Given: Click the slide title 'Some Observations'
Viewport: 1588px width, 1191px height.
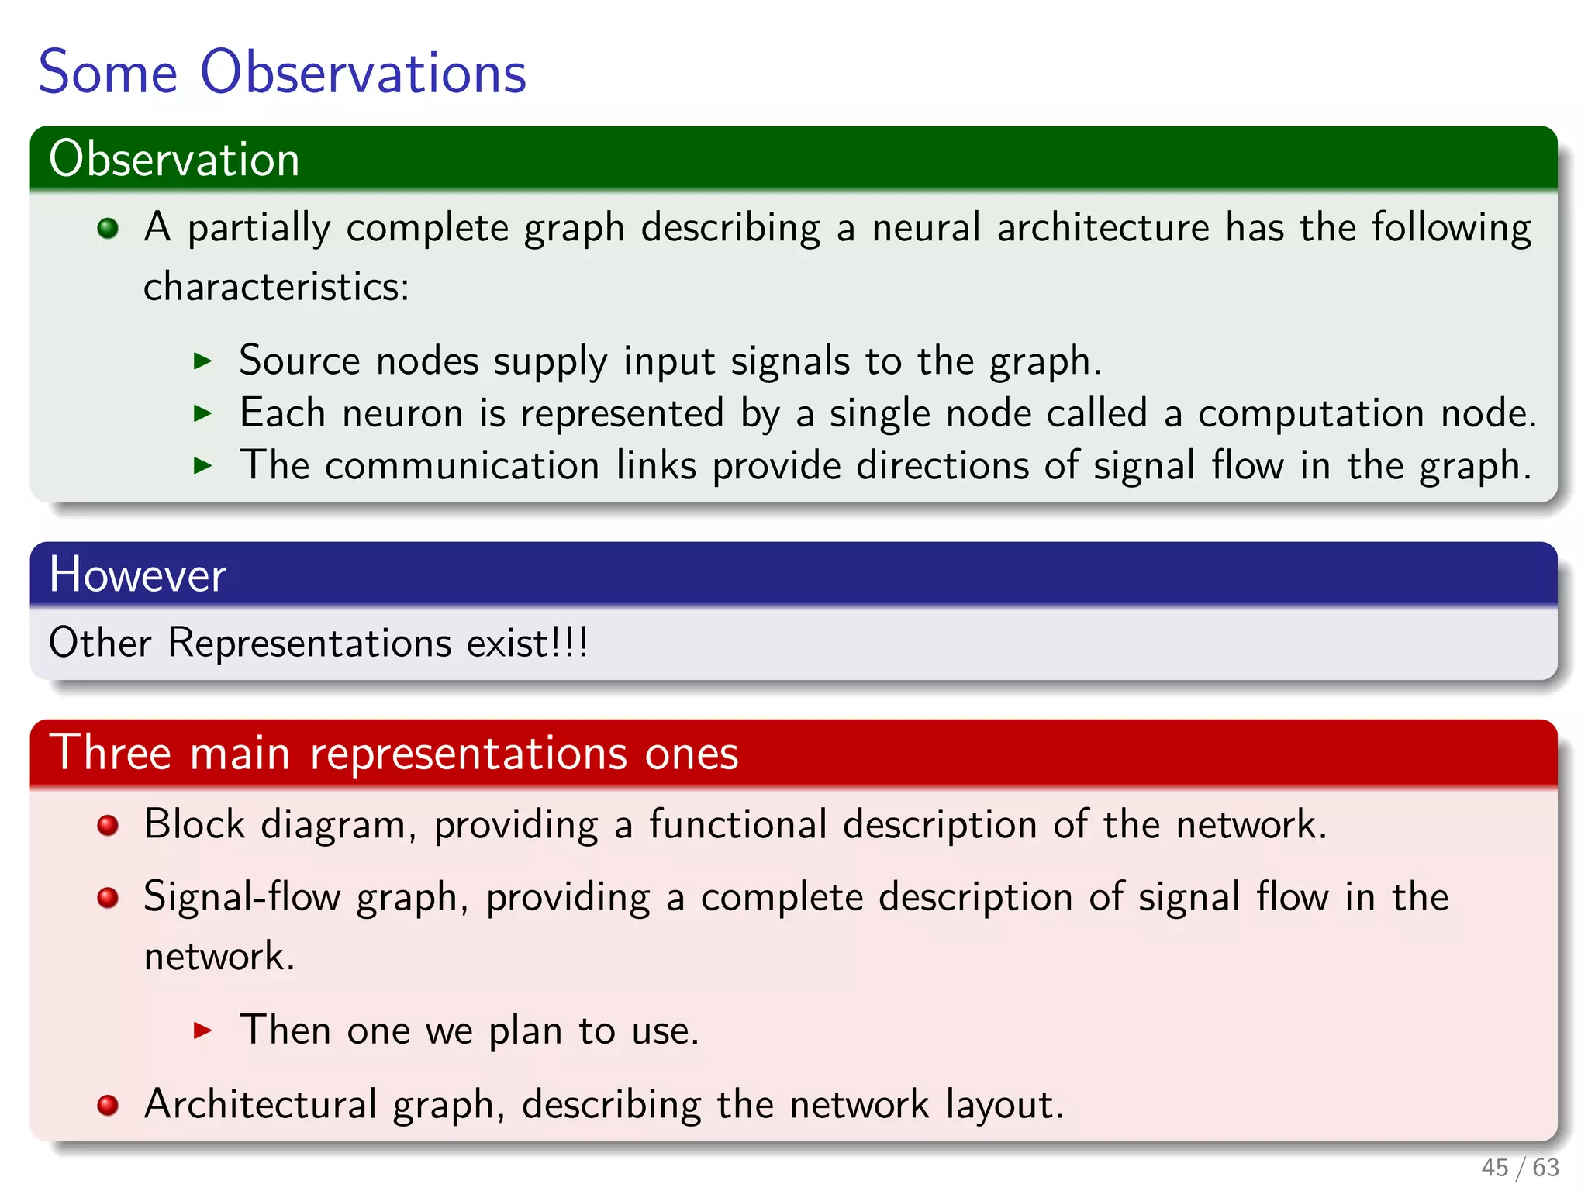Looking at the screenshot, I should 282,72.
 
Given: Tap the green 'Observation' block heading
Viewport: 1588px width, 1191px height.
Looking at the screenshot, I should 174,160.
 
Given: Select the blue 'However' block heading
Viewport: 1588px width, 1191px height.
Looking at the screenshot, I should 137,575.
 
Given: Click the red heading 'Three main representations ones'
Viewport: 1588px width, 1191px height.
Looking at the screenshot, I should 394,753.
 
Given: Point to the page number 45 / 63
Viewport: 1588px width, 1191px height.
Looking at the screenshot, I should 1520,1167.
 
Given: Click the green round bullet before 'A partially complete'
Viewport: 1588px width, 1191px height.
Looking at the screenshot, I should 108,228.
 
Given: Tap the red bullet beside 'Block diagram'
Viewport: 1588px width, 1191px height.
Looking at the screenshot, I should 108,825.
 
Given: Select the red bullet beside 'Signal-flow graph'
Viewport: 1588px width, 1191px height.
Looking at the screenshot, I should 108,898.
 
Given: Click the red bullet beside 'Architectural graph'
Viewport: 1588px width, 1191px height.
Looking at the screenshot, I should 108,1105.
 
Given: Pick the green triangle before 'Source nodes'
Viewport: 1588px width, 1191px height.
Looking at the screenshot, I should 202,361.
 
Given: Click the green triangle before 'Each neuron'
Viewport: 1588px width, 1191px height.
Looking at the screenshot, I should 202,413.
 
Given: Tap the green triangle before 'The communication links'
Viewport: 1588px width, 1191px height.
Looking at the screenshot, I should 202,465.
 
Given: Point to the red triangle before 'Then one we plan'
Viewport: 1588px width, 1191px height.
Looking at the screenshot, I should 202,1030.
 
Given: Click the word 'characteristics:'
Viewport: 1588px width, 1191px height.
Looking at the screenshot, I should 276,287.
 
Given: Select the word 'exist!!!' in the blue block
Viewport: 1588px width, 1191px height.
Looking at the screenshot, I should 527,643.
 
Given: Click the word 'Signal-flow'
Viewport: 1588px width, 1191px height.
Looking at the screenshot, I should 242,897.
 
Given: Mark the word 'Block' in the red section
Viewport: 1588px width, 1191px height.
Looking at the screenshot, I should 194,824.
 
